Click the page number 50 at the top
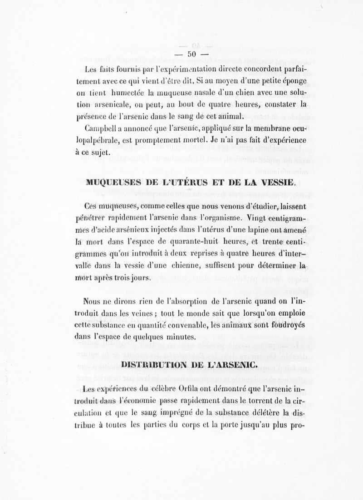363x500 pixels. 191,54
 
